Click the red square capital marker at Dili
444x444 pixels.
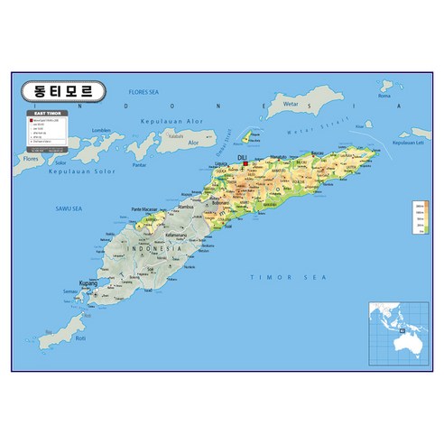click(245, 163)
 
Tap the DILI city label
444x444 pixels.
click(241, 156)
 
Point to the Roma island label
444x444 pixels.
click(385, 95)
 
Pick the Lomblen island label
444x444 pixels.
click(102, 130)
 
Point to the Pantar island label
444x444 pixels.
click(138, 164)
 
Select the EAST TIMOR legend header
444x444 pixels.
click(46, 112)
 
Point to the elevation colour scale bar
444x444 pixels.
click(418, 217)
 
